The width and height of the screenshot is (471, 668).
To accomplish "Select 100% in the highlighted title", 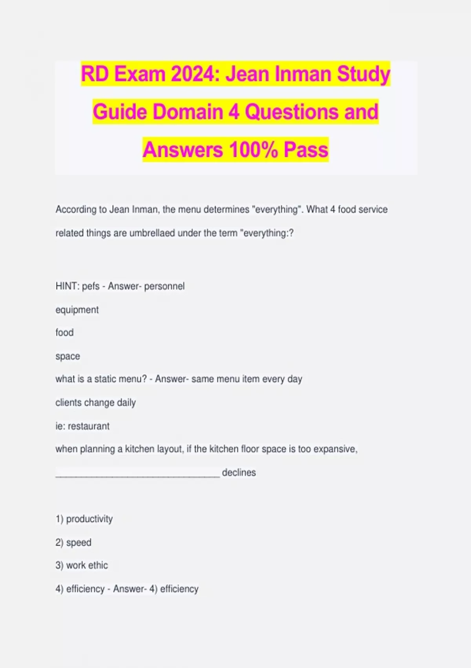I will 254,150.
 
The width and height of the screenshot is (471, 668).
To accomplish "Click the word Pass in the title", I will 306,150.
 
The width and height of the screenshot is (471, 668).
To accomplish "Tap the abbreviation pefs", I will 91,286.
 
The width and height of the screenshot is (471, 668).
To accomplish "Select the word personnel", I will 164,286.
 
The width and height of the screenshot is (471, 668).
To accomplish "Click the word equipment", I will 77,310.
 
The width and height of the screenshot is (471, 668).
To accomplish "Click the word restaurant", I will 89,426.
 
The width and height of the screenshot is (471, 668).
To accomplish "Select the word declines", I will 239,473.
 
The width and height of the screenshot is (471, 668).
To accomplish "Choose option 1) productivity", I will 84,519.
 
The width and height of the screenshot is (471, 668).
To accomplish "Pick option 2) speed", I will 73,543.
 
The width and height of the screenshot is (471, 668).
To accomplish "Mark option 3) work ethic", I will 82,565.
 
